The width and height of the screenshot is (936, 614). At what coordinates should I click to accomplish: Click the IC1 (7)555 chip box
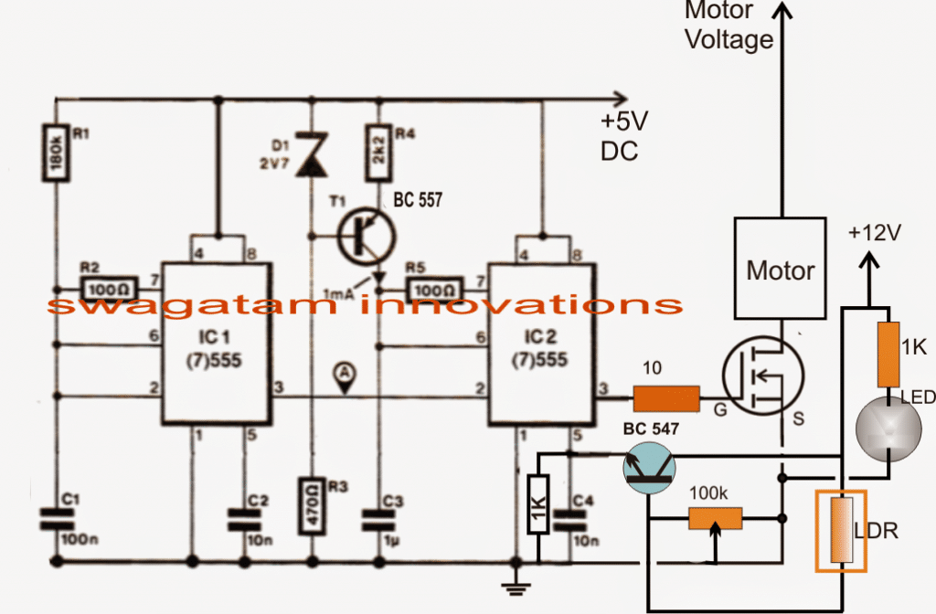tap(216, 344)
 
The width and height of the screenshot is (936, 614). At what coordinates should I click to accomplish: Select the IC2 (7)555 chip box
tap(540, 344)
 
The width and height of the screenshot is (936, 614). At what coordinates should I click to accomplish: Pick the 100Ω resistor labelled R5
tap(432, 289)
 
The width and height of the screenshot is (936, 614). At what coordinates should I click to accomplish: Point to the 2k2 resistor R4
tap(376, 150)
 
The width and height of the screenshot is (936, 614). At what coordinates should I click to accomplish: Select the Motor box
tap(780, 270)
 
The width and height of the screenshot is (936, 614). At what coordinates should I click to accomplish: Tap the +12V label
tap(874, 233)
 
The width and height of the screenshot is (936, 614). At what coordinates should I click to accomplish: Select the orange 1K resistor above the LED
tap(888, 353)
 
